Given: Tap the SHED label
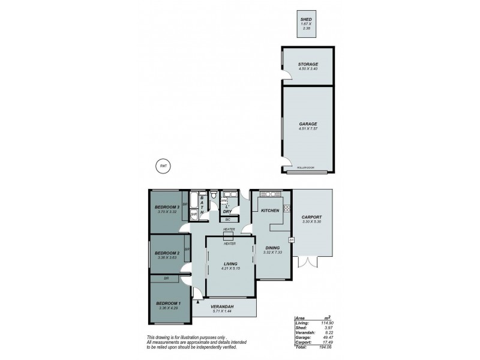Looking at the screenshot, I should [x=306, y=20].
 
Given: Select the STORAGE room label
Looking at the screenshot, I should [x=307, y=64].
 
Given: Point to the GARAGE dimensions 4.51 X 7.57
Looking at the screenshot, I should [x=307, y=129].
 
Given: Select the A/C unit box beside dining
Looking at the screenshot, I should [x=291, y=241].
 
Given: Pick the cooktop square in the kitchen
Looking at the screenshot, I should [x=287, y=208].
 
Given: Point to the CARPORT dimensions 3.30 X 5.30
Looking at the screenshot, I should [x=312, y=222].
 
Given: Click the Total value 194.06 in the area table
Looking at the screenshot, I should [x=328, y=347].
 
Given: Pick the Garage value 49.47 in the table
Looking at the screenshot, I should [x=328, y=338].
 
